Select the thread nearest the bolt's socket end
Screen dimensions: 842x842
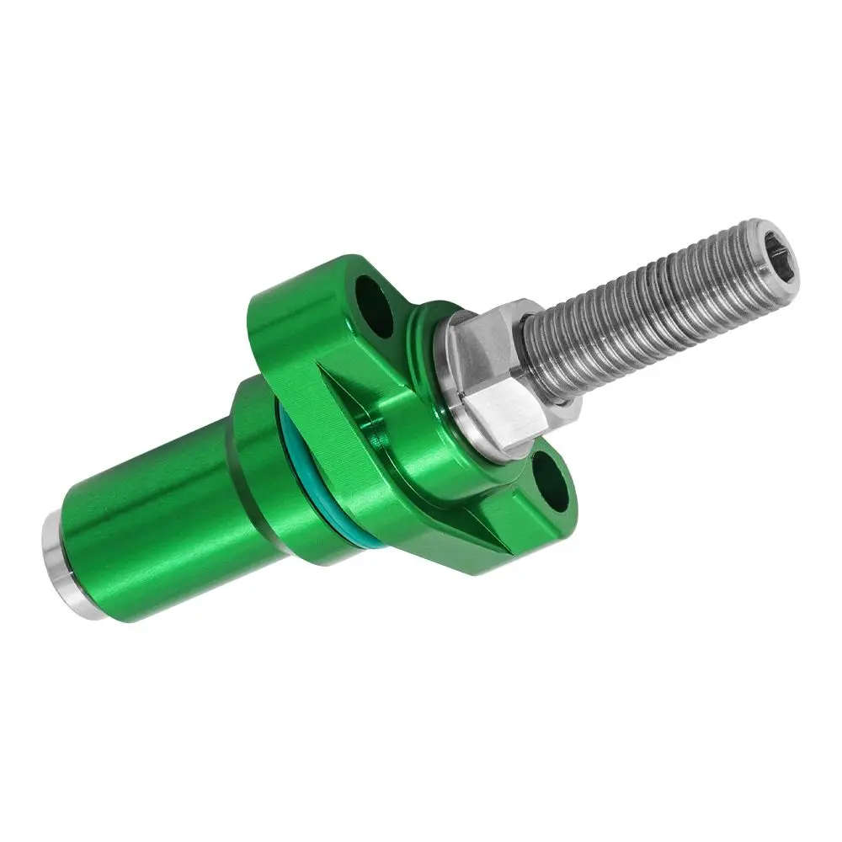741,253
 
